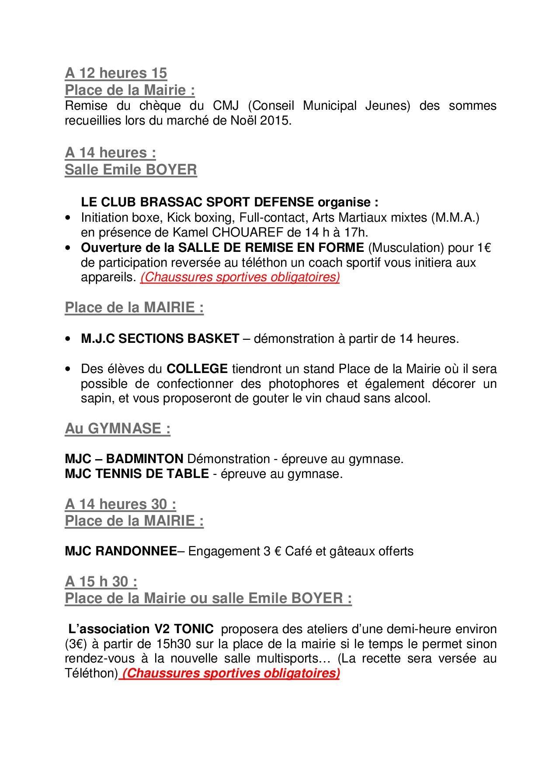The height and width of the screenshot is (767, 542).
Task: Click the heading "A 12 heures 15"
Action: tap(116, 73)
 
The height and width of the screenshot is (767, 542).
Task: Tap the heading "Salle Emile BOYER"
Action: tap(131, 170)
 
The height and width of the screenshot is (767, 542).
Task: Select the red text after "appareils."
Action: tap(240, 278)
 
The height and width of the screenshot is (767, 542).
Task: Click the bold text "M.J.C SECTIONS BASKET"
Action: tap(160, 338)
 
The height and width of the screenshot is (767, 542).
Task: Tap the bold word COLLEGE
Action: tap(197, 369)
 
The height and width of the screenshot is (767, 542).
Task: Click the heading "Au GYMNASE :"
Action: tap(118, 429)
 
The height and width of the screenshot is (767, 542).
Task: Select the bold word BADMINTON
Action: tap(145, 459)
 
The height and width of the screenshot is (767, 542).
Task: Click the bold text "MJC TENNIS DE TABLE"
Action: tap(137, 474)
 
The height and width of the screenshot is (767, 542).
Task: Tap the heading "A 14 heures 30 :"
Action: tap(121, 504)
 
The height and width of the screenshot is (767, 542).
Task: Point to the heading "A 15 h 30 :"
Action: tap(101, 582)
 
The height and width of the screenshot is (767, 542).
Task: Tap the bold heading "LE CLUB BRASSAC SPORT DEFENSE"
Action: tap(197, 202)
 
